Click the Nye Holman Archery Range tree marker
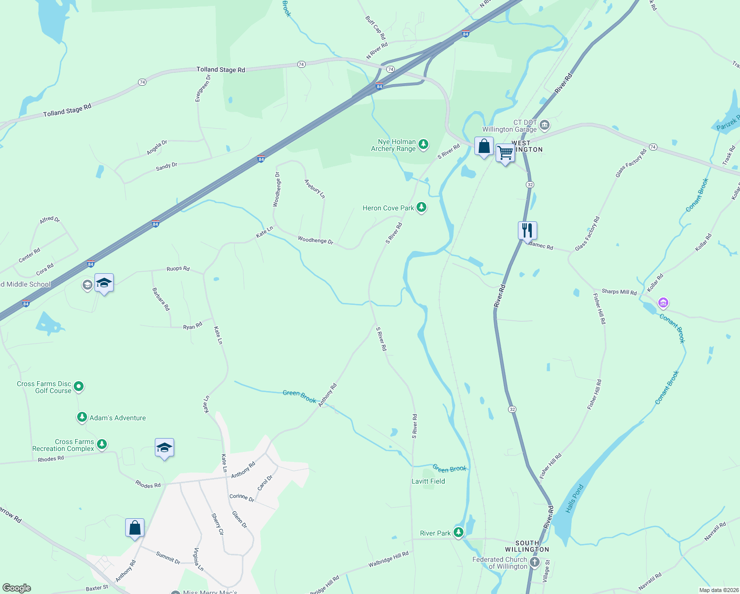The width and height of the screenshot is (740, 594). tap(423, 144)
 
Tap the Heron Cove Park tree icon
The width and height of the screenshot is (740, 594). tap(421, 207)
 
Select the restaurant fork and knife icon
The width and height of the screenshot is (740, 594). tap(527, 230)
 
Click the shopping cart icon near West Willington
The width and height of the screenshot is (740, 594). tap(505, 153)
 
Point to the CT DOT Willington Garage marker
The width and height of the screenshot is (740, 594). tap(545, 125)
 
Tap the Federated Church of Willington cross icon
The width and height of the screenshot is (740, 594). tap(535, 562)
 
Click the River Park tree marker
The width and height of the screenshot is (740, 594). tap(459, 533)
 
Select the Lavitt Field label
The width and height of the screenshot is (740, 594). tap(428, 481)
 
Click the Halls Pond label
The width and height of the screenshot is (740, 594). tap(574, 498)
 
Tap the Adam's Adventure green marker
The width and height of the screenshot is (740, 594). tap(82, 417)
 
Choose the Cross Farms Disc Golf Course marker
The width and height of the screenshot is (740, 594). tap(79, 386)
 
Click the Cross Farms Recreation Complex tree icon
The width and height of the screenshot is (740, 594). tap(102, 444)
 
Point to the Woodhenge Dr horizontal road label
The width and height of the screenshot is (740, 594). tap(316, 240)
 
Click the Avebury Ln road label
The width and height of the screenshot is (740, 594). tap(315, 189)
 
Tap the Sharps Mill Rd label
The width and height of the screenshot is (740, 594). tap(619, 292)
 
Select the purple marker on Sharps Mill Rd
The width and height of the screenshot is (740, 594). tap(663, 302)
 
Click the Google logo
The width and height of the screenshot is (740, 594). tap(16, 588)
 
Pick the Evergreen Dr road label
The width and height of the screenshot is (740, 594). tap(203, 88)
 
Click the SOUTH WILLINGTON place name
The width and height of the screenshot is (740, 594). tap(527, 546)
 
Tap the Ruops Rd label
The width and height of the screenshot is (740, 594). tap(178, 268)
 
